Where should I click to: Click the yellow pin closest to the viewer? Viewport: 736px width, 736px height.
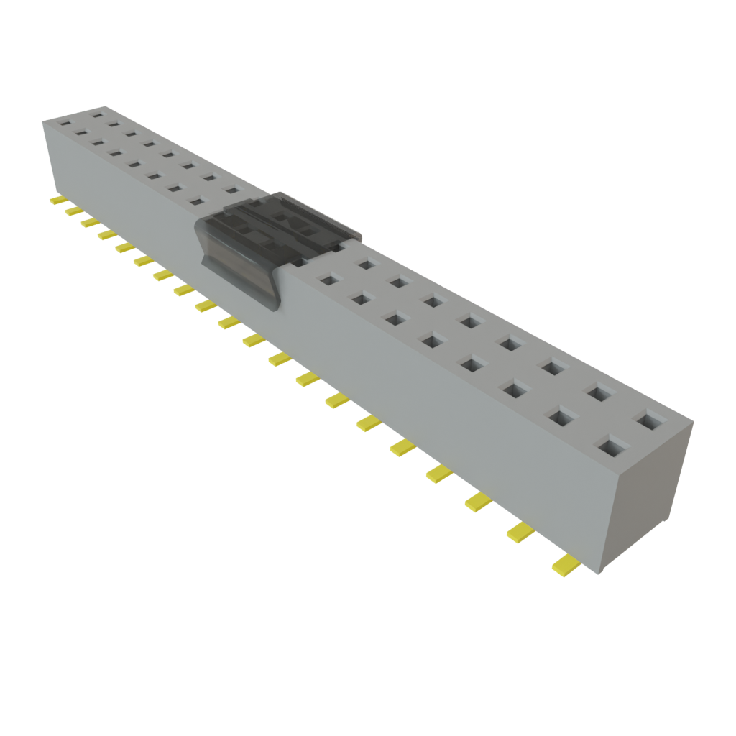tap(566, 566)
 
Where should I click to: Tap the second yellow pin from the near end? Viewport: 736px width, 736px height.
tap(520, 532)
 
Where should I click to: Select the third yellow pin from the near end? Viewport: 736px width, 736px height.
tap(477, 502)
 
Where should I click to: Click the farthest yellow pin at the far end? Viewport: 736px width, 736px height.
tap(57, 201)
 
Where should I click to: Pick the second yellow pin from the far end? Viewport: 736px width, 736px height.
tap(73, 211)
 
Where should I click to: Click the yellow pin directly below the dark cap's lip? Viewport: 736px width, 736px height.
tap(229, 323)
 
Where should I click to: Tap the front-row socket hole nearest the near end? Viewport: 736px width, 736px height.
tap(609, 448)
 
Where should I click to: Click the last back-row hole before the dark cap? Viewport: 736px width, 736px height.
tap(231, 190)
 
